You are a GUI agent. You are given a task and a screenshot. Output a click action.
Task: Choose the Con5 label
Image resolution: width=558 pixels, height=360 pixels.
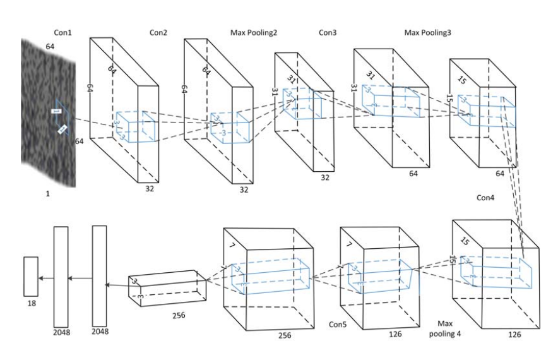click(x=341, y=325)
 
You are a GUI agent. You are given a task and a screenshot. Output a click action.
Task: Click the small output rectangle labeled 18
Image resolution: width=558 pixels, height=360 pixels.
click(x=32, y=276)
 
